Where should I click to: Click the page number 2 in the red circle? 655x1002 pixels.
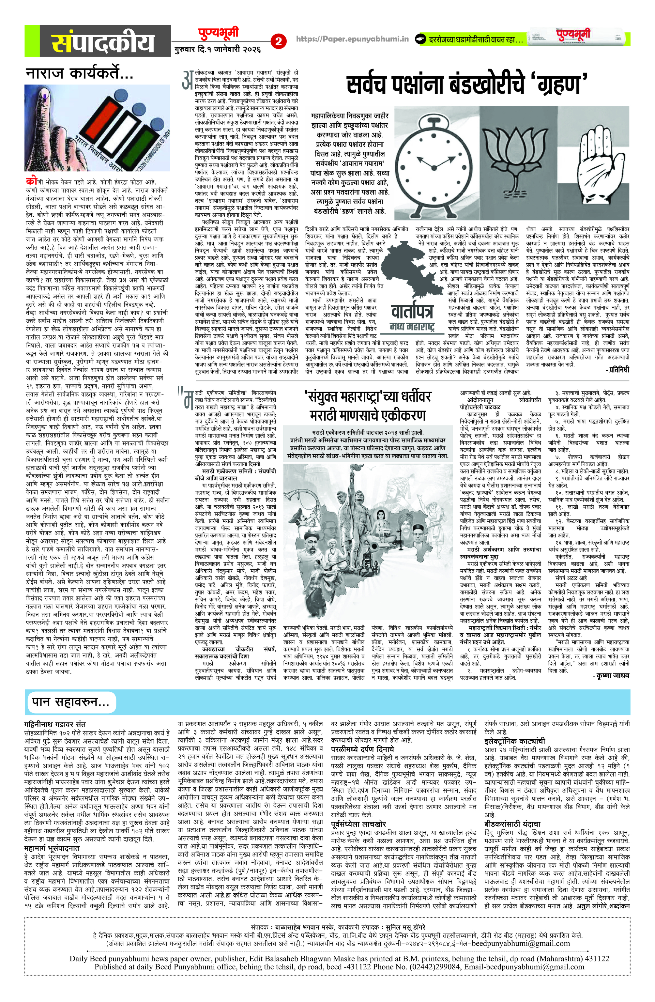[278, 41]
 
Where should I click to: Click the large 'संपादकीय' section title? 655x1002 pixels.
[103, 42]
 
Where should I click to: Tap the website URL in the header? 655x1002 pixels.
[352, 39]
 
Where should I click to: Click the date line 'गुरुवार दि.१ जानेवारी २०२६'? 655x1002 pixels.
[218, 49]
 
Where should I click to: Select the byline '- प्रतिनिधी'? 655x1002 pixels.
[617, 369]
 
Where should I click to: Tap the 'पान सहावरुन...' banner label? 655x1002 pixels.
[70, 702]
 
